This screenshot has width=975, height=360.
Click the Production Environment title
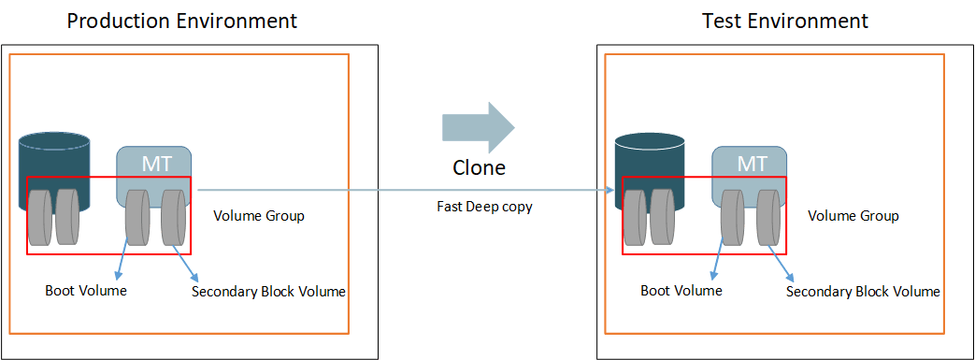[182, 20]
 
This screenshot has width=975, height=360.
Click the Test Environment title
[785, 20]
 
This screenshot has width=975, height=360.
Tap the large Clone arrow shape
[478, 127]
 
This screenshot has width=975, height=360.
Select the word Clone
[479, 168]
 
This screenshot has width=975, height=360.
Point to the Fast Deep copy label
[484, 207]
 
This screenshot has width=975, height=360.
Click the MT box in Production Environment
[154, 162]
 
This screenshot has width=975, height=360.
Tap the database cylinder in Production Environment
[55, 153]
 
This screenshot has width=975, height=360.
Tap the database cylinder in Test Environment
[651, 153]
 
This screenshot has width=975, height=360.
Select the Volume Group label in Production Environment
[259, 216]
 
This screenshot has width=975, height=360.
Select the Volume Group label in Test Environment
[853, 216]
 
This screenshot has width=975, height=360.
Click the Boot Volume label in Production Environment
[86, 291]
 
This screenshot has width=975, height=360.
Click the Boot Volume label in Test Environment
[681, 291]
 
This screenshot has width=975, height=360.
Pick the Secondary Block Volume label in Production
[268, 292]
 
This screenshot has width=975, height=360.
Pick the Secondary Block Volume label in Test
[863, 292]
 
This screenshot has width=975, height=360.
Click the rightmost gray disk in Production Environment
[174, 218]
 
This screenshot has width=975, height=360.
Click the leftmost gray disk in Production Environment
[39, 217]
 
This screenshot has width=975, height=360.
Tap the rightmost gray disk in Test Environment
[769, 218]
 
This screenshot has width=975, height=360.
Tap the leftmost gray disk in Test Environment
[635, 217]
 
